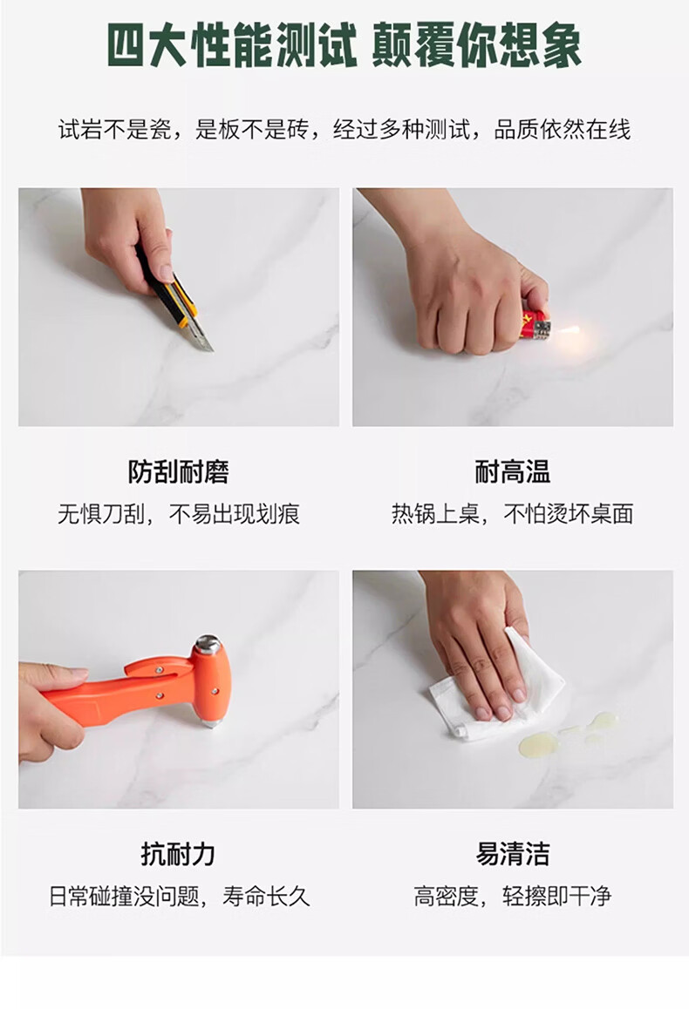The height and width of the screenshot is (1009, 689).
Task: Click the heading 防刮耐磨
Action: [179, 471]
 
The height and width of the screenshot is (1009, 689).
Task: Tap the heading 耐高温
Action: [513, 471]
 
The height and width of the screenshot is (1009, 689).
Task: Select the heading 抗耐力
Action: [178, 854]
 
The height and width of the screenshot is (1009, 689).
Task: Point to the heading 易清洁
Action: [513, 854]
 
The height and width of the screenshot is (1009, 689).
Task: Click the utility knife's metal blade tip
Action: [210, 349]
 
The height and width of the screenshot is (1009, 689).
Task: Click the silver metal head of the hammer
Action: [208, 644]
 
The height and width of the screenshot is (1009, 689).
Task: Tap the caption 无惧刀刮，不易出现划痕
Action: [179, 513]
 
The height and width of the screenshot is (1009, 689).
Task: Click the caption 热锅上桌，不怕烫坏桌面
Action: [513, 513]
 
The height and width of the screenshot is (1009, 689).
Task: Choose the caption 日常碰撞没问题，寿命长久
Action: [179, 896]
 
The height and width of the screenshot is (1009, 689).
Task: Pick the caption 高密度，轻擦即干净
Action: [513, 896]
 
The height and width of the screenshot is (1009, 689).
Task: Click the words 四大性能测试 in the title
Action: [233, 45]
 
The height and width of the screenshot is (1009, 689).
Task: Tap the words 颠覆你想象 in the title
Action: [477, 45]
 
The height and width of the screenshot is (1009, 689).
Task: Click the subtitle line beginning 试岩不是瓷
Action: [344, 129]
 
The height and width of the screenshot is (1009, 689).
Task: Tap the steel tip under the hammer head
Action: [209, 724]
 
